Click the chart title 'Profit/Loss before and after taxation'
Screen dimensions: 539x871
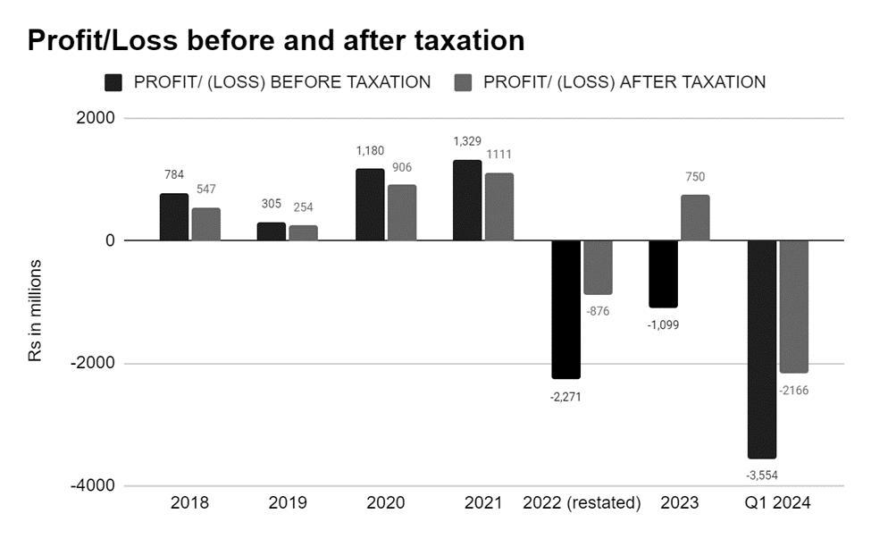pos(275,40)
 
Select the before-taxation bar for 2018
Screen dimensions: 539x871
pos(174,216)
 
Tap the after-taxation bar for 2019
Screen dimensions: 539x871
pos(304,232)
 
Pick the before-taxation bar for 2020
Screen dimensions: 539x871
pos(370,204)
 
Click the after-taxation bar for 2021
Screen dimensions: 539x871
pos(499,206)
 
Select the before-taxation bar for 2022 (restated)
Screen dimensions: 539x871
pos(565,309)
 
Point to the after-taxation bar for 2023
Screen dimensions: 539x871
pos(695,217)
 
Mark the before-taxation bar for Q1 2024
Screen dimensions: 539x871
pos(761,349)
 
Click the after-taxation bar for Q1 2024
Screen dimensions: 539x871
pos(793,307)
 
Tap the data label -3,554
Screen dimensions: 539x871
pos(761,476)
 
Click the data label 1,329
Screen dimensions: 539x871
pos(467,142)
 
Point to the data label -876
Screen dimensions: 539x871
pos(598,311)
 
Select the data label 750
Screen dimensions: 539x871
pos(695,177)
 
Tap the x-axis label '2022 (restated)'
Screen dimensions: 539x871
pos(582,503)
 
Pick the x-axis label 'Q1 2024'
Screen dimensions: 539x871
pos(777,503)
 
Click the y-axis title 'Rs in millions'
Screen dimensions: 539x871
pos(35,311)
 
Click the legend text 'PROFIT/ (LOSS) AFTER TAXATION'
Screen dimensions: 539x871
pos(624,82)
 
